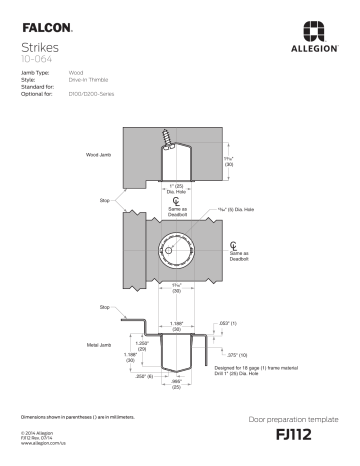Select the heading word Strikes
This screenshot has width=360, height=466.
(x=39, y=47)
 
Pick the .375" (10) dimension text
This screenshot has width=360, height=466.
(x=237, y=354)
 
